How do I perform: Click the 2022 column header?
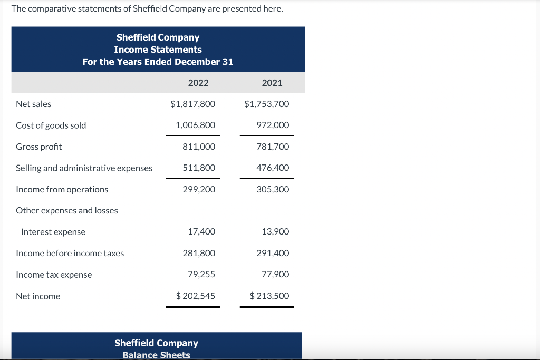tap(198, 83)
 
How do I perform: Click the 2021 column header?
tap(272, 83)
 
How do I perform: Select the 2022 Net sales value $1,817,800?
tap(193, 104)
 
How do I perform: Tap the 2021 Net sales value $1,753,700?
tap(267, 104)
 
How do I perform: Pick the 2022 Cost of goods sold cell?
tap(196, 125)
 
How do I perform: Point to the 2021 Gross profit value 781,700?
tap(273, 147)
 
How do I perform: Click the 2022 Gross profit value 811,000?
tap(199, 147)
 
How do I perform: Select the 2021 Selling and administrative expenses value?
tap(273, 168)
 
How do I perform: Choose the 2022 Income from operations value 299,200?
tap(199, 189)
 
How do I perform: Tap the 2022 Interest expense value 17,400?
tap(201, 232)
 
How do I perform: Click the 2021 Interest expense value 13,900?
tap(275, 232)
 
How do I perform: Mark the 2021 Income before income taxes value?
tap(273, 253)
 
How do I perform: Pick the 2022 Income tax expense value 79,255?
tap(201, 275)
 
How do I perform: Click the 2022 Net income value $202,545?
tap(196, 296)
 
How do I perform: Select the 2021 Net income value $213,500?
tap(269, 296)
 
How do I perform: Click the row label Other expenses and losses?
tap(67, 210)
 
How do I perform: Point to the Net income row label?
tap(38, 296)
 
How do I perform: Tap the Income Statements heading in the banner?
tap(158, 50)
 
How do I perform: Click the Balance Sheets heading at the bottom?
tap(156, 355)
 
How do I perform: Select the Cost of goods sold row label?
tap(51, 125)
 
